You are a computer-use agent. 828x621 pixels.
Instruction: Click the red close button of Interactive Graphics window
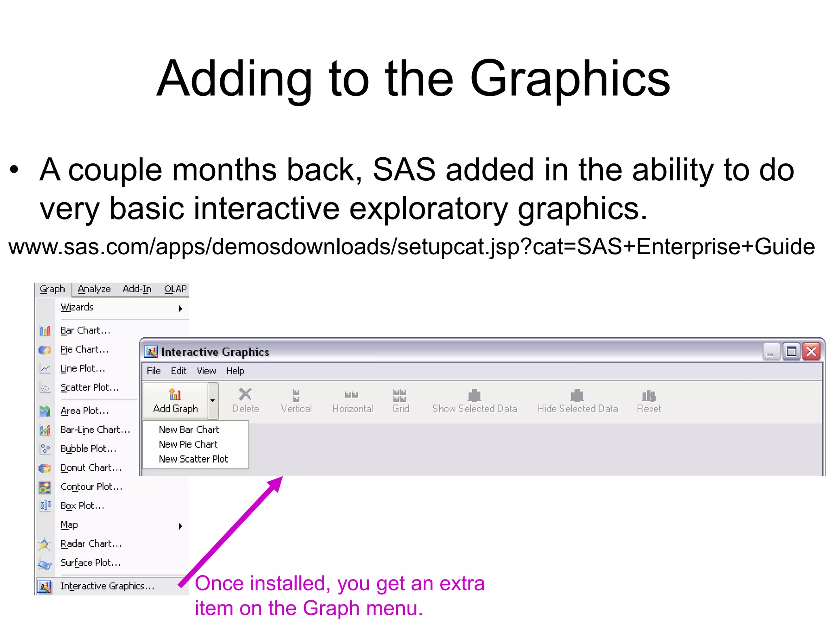[x=811, y=352]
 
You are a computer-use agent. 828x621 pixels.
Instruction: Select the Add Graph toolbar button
[x=175, y=401]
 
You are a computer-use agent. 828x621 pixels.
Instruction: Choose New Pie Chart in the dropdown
[x=188, y=444]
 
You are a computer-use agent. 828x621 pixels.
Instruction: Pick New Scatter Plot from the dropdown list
[x=193, y=459]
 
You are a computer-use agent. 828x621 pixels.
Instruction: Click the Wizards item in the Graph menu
[x=77, y=308]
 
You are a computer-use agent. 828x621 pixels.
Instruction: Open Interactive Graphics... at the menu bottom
[x=107, y=586]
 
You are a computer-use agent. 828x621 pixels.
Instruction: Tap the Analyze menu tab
[x=94, y=289]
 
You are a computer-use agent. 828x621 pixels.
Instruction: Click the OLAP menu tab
[x=175, y=289]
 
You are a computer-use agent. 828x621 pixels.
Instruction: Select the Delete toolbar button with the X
[x=245, y=401]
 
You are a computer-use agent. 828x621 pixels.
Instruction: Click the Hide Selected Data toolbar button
[x=577, y=401]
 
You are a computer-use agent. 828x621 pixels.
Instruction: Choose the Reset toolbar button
[x=648, y=401]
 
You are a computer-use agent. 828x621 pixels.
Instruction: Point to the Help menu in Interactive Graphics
[x=235, y=371]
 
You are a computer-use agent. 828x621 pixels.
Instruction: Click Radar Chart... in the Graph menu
[x=91, y=544]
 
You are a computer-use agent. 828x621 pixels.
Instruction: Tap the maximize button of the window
[x=791, y=352]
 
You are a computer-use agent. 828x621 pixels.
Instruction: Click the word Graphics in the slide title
[x=570, y=79]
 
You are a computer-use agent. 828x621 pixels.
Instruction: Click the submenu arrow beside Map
[x=180, y=526]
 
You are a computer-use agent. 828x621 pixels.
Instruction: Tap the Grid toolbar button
[x=401, y=401]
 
